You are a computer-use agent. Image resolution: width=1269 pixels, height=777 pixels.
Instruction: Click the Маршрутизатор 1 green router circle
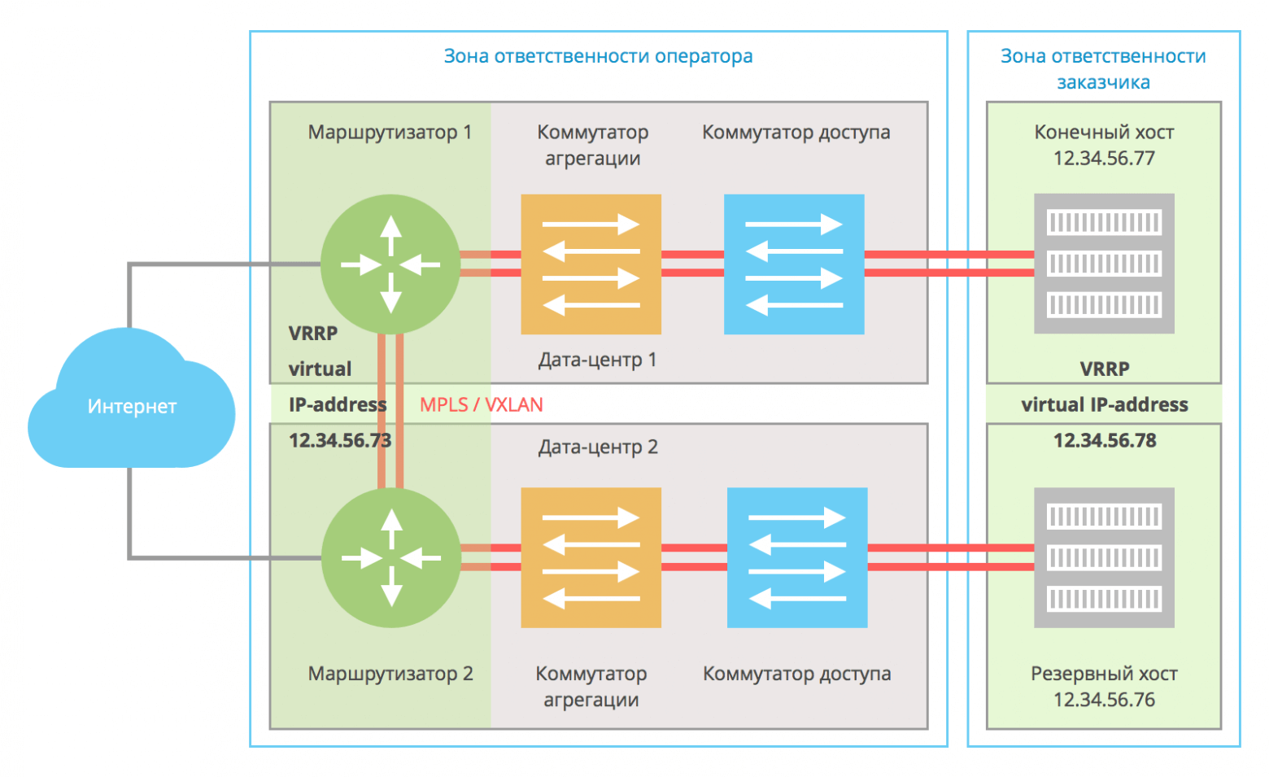tap(390, 264)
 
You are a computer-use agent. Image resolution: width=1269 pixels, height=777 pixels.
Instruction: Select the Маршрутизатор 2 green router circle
tap(391, 558)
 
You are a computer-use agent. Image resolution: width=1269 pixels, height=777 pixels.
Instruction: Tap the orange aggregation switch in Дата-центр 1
tap(591, 264)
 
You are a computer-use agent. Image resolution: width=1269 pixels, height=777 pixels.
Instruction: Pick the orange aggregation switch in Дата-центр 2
tap(591, 558)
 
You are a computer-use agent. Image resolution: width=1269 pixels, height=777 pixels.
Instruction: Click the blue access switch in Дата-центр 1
tap(794, 264)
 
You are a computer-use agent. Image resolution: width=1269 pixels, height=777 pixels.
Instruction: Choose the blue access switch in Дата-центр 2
tap(797, 558)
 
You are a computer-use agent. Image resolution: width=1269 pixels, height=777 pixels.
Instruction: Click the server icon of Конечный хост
tap(1104, 264)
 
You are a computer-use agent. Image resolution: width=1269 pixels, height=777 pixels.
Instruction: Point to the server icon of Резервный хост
tap(1104, 558)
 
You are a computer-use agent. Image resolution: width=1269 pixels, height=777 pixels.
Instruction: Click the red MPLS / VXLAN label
tap(481, 404)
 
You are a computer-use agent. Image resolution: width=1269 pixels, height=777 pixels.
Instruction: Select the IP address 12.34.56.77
tap(1104, 158)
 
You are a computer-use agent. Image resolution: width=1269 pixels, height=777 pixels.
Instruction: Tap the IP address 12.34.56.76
tap(1104, 700)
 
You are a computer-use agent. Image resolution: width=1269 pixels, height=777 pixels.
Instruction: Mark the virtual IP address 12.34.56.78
tap(1104, 440)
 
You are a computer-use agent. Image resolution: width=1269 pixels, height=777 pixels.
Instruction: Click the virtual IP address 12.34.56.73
tap(340, 440)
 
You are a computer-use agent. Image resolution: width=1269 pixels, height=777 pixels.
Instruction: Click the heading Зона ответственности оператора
tap(598, 56)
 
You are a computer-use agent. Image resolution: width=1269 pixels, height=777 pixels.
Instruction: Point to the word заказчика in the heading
tap(1103, 82)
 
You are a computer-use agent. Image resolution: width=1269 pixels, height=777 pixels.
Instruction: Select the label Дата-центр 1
tap(597, 360)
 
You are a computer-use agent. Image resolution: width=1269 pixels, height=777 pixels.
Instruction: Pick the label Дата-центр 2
tap(598, 447)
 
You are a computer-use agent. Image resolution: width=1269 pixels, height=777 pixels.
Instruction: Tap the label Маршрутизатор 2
tap(390, 674)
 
